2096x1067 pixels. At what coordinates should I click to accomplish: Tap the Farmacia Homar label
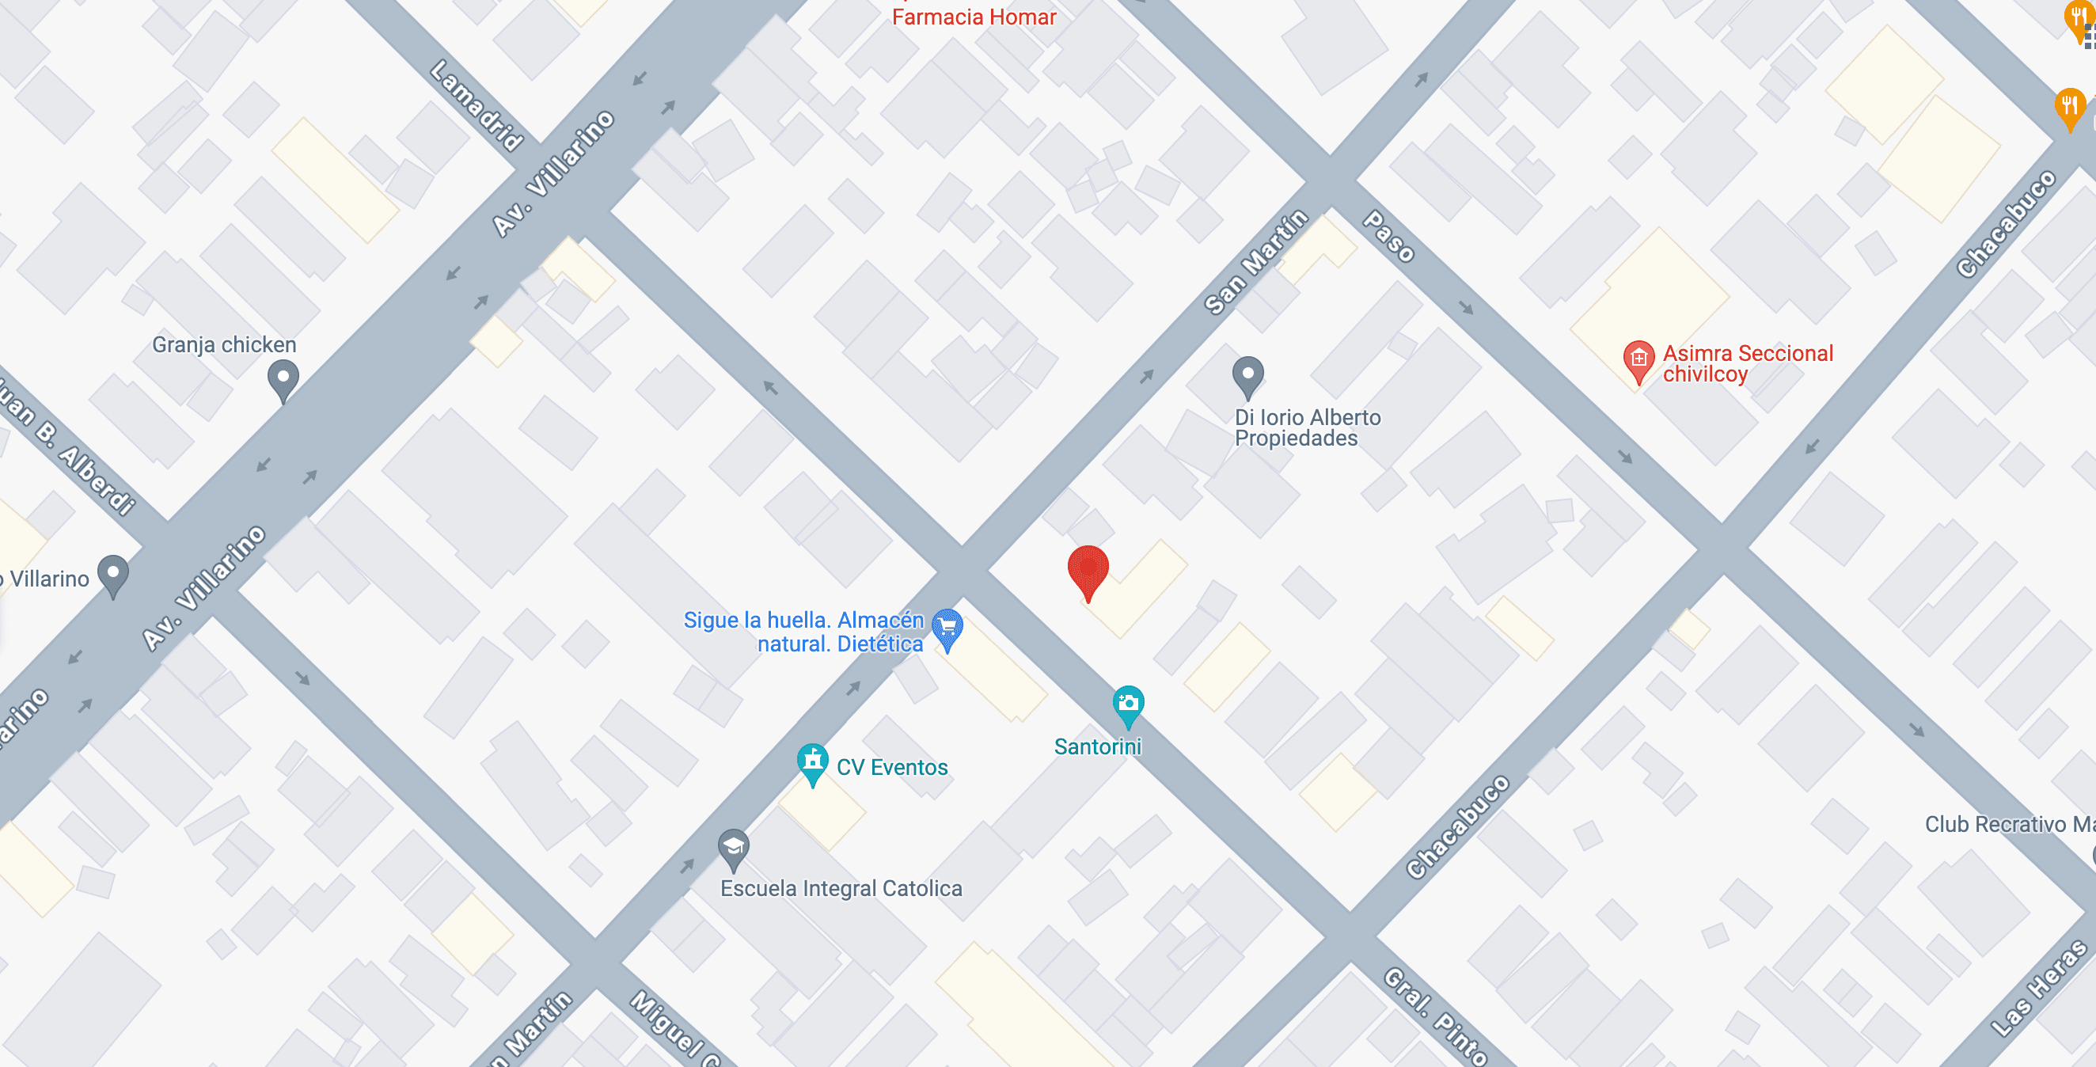(x=973, y=17)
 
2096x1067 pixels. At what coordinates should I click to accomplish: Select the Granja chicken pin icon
(x=283, y=379)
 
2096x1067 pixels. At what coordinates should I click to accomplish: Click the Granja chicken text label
(x=224, y=344)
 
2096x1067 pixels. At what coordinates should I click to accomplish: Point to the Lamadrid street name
(x=477, y=106)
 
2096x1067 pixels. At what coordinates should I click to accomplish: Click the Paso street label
(x=1389, y=236)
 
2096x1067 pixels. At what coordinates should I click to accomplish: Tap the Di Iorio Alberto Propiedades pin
(x=1247, y=376)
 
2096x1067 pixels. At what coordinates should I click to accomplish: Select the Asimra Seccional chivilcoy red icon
(x=1638, y=359)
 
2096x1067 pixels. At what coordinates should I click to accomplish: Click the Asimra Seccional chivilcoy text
(x=1747, y=363)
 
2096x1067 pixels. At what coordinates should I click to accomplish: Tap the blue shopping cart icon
(x=947, y=628)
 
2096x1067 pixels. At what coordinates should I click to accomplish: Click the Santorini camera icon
(x=1128, y=704)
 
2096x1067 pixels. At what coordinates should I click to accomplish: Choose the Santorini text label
(x=1097, y=746)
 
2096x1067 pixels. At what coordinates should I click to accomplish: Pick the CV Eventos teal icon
(x=812, y=761)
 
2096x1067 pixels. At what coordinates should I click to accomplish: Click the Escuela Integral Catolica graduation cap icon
(x=733, y=847)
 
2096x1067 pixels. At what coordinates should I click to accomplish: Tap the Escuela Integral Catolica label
(x=841, y=888)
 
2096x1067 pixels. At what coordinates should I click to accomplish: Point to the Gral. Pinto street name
(x=1436, y=1016)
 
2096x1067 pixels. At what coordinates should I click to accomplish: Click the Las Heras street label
(x=2040, y=987)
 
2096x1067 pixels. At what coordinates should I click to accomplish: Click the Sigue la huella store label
(x=803, y=632)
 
